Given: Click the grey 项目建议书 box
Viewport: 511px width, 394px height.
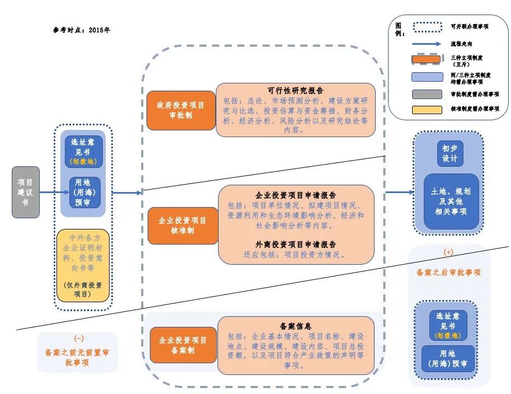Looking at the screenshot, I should (26, 192).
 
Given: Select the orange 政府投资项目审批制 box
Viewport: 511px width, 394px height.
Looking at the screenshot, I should (182, 110).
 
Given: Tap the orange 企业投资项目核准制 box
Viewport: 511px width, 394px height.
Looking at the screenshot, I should (183, 226).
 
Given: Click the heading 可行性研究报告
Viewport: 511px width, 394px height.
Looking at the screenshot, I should (295, 91).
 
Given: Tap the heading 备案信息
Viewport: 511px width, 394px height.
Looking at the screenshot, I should (296, 326).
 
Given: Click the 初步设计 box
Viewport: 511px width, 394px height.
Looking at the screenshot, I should (450, 154).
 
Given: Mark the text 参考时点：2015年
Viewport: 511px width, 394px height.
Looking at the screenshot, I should (78, 30).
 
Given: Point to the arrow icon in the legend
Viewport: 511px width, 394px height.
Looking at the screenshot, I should (428, 43).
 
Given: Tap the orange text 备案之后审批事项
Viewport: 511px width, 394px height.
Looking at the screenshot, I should (449, 273).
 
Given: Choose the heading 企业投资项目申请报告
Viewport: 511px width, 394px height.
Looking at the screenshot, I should (296, 195).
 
